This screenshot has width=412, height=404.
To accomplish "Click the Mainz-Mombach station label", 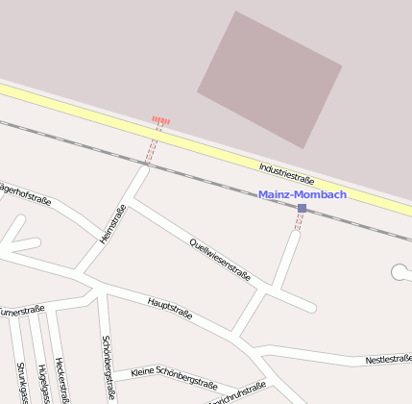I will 303,194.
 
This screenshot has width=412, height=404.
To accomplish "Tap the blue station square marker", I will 302,208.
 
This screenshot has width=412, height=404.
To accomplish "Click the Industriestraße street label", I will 287,174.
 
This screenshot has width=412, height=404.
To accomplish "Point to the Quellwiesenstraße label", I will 220,259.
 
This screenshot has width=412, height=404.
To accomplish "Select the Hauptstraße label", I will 171,308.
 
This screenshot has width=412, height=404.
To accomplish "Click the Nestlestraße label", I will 388,359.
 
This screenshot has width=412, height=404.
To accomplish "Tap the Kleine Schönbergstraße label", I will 175,377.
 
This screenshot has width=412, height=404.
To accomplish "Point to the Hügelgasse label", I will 42,382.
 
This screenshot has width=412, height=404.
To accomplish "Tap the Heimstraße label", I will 113,224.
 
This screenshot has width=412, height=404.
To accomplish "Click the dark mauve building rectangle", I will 270,79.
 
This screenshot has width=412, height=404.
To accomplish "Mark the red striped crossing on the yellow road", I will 161,121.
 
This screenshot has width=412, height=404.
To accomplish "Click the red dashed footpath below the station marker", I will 299,223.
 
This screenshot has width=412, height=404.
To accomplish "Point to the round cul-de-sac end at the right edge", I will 400,272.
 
